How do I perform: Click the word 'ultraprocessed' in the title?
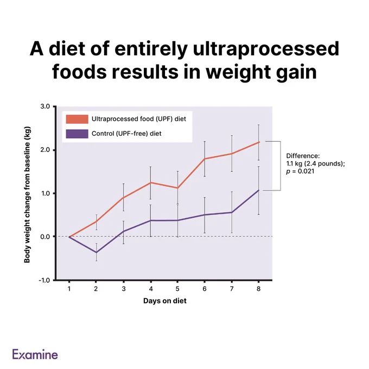[266, 49]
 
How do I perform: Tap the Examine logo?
[35, 354]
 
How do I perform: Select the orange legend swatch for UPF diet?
[77, 119]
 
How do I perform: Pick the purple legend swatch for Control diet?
[77, 133]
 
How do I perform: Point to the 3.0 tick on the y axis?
[45, 106]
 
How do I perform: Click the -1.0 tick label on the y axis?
[44, 281]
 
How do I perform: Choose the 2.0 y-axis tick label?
[45, 150]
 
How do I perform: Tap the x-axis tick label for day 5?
[177, 289]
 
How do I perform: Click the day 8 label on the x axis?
[259, 289]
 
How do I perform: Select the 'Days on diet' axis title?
[165, 301]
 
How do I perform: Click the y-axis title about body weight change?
[27, 195]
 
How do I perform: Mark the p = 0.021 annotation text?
[300, 171]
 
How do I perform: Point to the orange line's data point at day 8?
[259, 142]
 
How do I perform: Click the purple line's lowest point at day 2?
[96, 252]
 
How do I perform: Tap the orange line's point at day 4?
[151, 183]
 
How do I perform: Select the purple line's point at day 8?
[259, 190]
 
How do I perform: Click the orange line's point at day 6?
[205, 159]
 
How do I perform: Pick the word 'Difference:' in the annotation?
[303, 156]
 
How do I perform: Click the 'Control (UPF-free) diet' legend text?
[126, 133]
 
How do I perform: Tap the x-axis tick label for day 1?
[69, 289]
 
